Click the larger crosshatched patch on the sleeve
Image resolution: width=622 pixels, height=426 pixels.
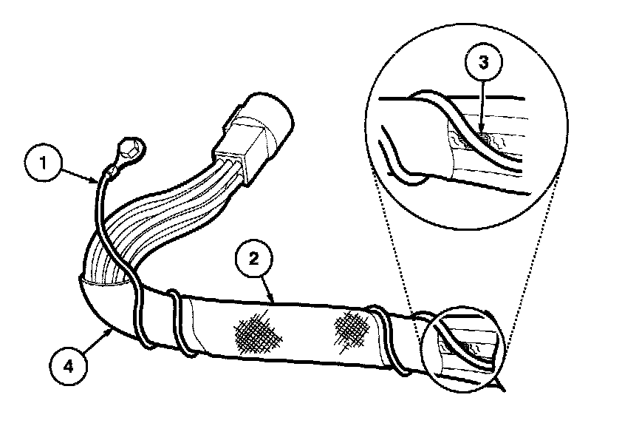258,335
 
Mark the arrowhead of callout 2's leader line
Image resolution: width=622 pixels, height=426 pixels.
274,300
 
